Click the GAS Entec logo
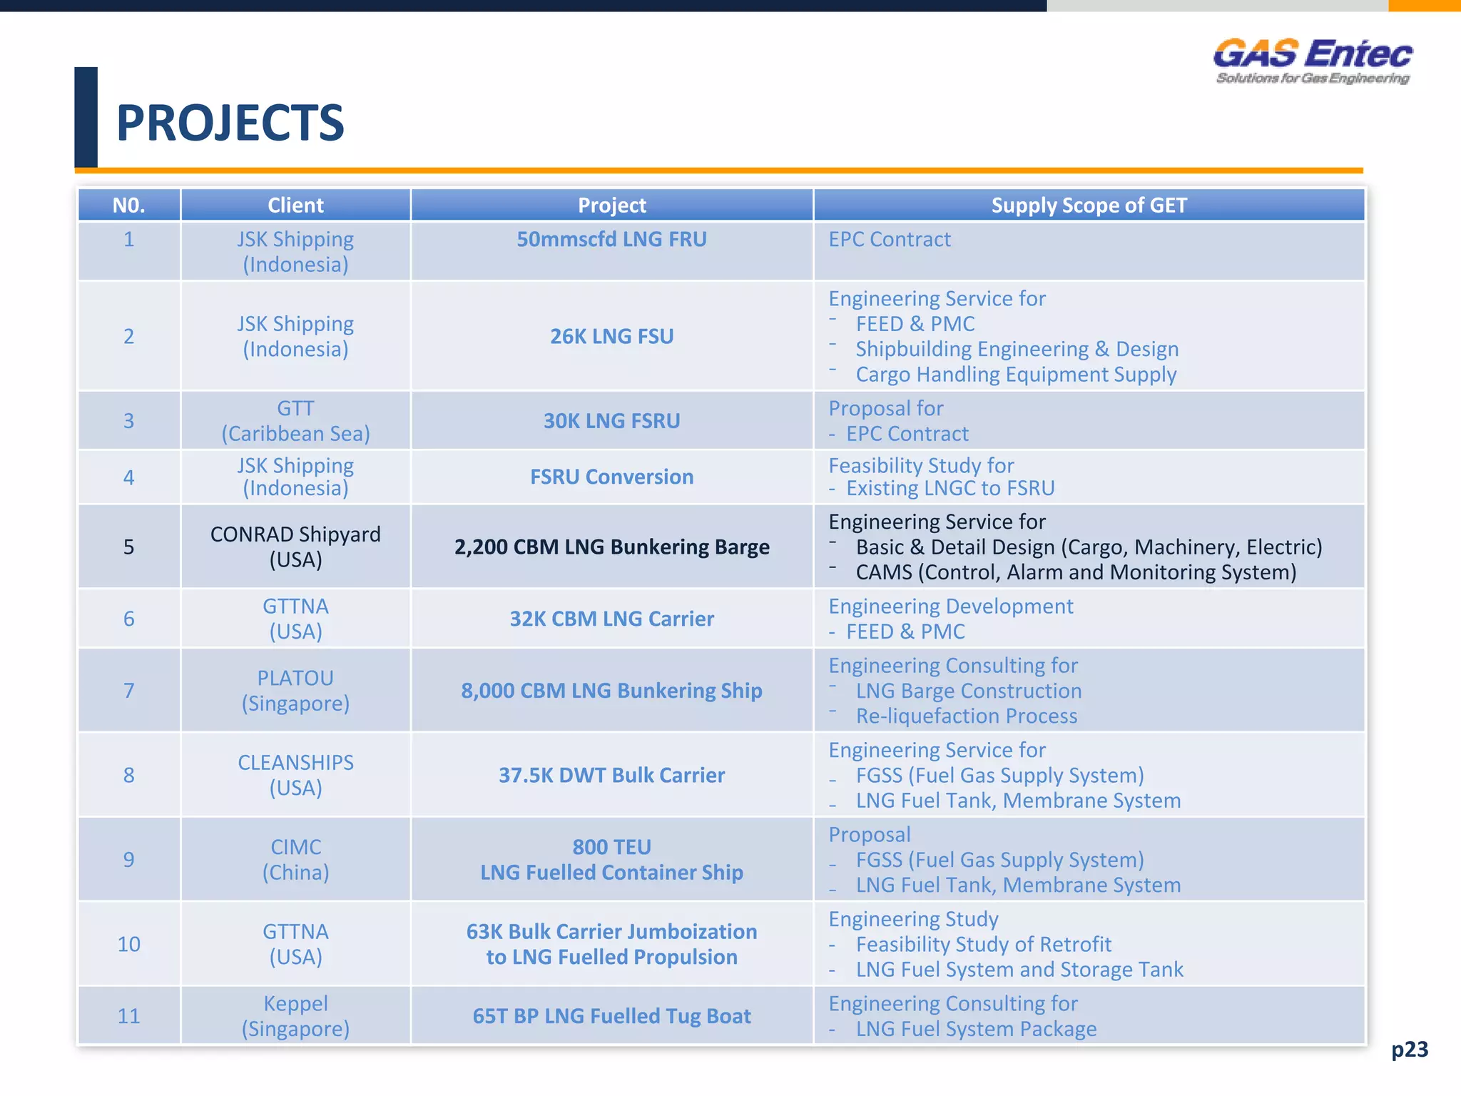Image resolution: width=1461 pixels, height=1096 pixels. pyautogui.click(x=1312, y=61)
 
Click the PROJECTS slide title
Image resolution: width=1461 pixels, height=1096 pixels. pyautogui.click(x=230, y=123)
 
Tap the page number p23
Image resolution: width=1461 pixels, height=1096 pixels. pyautogui.click(x=1409, y=1049)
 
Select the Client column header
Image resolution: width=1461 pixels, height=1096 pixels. pyautogui.click(x=295, y=205)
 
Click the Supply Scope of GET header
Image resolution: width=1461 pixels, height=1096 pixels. pyautogui.click(x=1089, y=205)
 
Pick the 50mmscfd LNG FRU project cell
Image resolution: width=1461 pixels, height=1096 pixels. pyautogui.click(x=611, y=240)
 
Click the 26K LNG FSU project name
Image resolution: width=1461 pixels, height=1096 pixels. pyautogui.click(x=611, y=336)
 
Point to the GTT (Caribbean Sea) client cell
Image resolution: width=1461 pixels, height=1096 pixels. pyautogui.click(x=295, y=421)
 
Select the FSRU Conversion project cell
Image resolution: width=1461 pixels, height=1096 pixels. pyautogui.click(x=611, y=477)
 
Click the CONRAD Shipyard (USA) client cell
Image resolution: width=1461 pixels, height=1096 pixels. pyautogui.click(x=295, y=547)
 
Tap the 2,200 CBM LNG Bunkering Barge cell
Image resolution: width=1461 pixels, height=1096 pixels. pyautogui.click(x=611, y=547)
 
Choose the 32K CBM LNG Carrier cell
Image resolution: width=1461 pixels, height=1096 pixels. pyautogui.click(x=611, y=619)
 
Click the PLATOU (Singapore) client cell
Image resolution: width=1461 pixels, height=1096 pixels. pyautogui.click(x=295, y=691)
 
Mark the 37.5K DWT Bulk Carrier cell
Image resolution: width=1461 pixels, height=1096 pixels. pyautogui.click(x=611, y=775)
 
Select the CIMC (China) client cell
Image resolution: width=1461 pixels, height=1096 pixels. pyautogui.click(x=295, y=859)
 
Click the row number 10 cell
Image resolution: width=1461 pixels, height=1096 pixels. pyautogui.click(x=128, y=944)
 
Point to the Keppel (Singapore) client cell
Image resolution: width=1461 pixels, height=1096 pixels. pyautogui.click(x=295, y=1016)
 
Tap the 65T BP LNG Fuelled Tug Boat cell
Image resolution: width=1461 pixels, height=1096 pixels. pyautogui.click(x=611, y=1016)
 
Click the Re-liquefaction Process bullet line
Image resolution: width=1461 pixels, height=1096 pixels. pyautogui.click(x=966, y=716)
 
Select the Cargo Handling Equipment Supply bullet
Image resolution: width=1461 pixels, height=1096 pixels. pyautogui.click(x=1016, y=375)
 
